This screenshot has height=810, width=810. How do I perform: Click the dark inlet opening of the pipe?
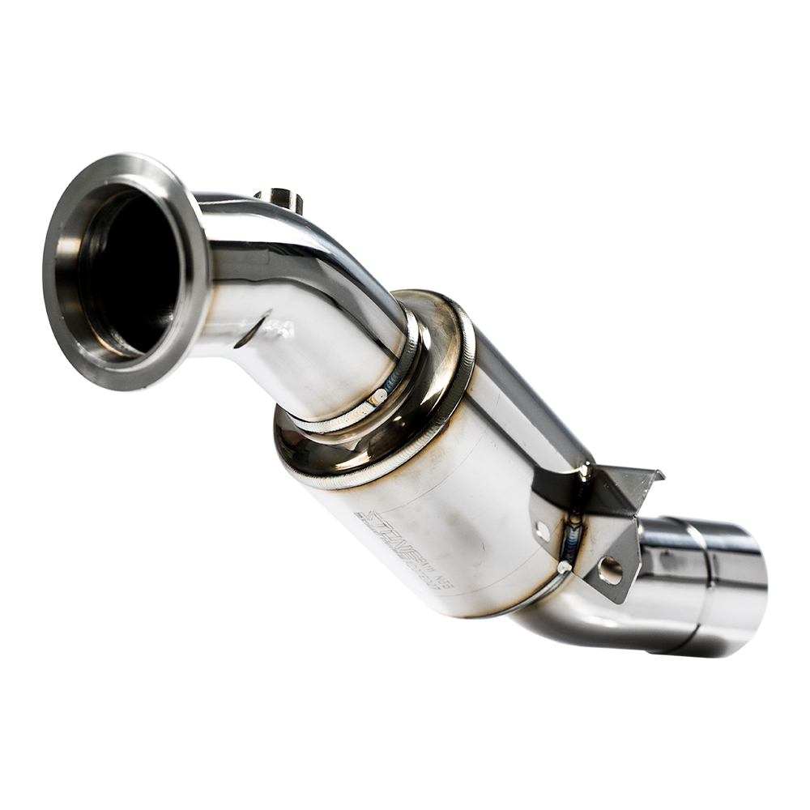pos(130,271)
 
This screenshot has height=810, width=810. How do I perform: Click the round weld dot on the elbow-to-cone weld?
pos(377,397)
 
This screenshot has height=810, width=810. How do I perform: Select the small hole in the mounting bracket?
pos(542,531)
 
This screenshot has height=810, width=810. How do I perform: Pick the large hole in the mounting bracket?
pos(610,570)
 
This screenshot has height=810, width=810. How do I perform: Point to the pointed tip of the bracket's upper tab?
pos(660,474)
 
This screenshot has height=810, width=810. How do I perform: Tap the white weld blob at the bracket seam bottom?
pos(565,567)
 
